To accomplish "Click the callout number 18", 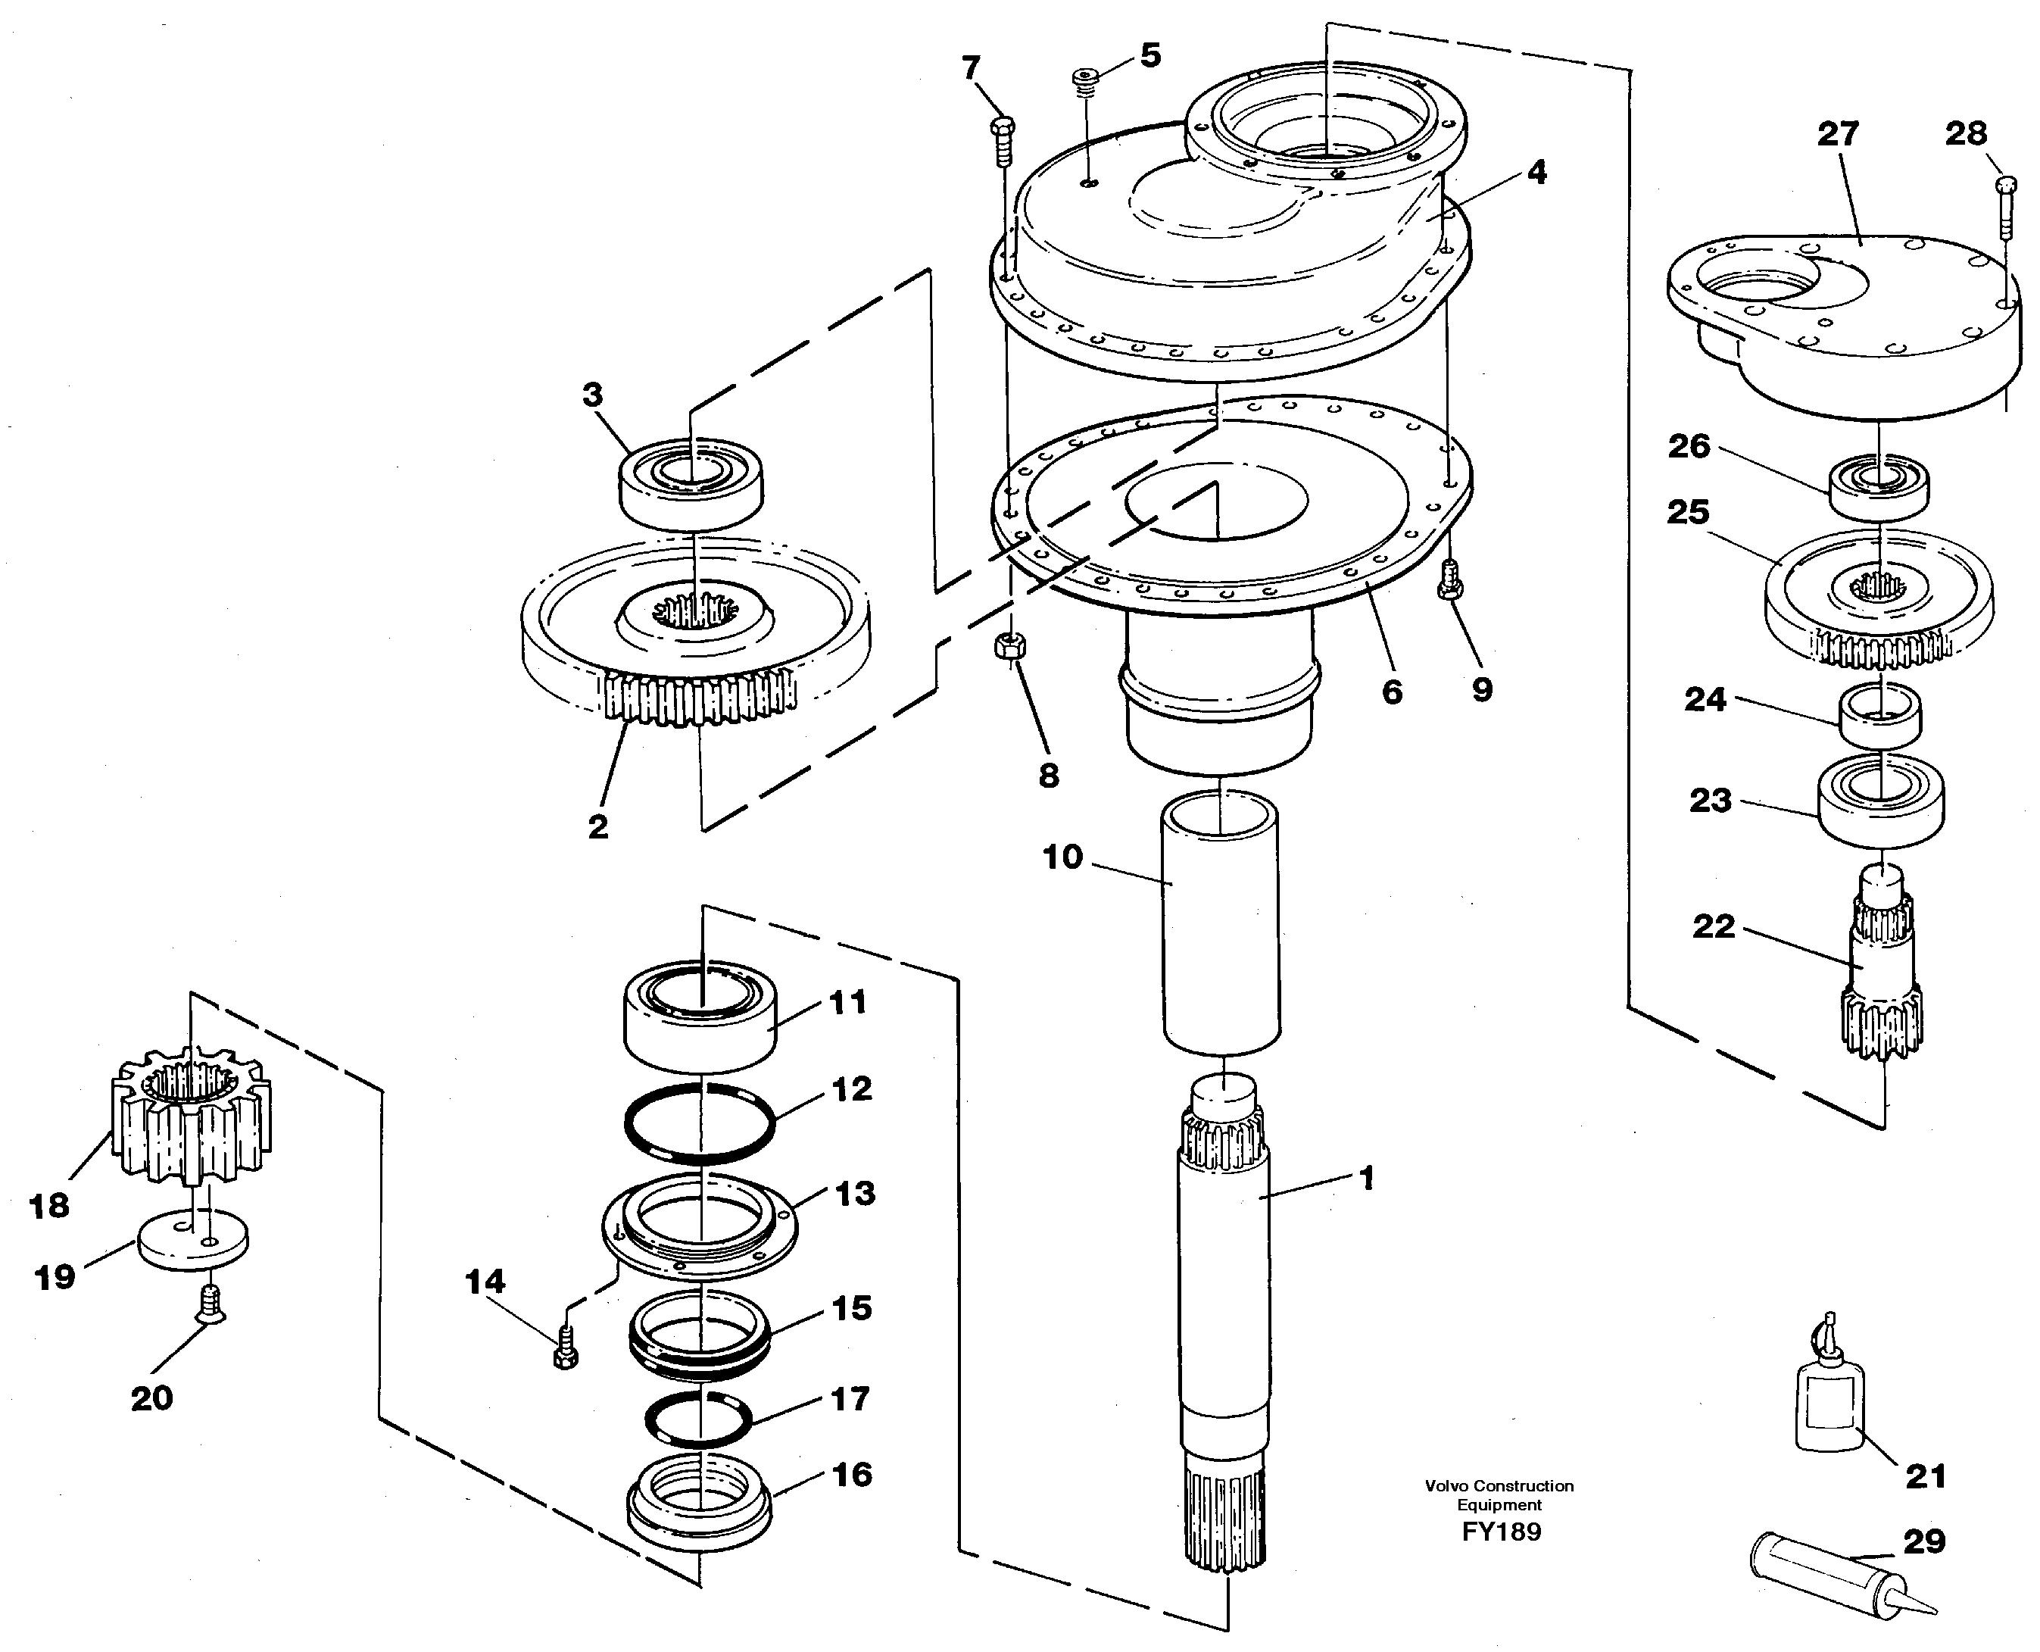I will click(49, 1207).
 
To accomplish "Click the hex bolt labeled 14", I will click(565, 1349).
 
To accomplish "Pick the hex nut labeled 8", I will click(1008, 646).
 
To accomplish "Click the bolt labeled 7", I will click(1003, 140).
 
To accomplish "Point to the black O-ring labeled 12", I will click(700, 1124).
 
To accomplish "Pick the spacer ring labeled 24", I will click(1879, 716).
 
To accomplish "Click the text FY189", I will click(1502, 1532).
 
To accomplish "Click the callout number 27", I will click(1837, 134).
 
